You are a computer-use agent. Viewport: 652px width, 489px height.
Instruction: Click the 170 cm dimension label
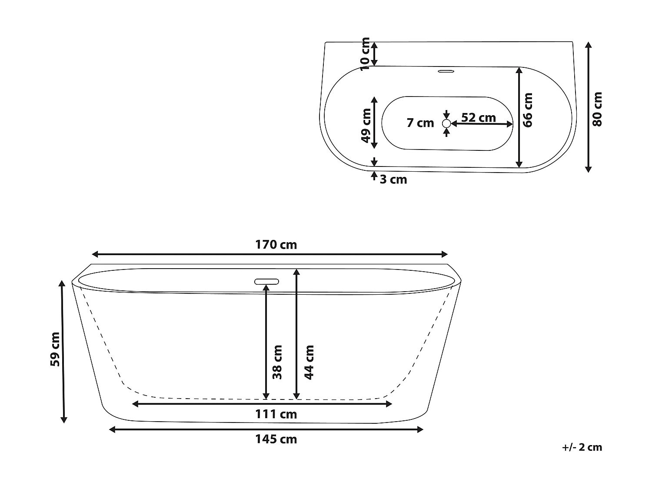(276, 245)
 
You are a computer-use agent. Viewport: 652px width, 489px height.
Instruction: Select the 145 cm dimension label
(276, 439)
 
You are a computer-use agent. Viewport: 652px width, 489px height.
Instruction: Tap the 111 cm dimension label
(276, 414)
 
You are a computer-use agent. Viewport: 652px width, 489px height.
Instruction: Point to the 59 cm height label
(55, 349)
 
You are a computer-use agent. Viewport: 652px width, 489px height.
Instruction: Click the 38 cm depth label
(277, 362)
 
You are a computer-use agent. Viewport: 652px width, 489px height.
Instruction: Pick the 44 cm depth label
(309, 362)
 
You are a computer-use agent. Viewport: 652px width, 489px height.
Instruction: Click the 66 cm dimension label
(528, 110)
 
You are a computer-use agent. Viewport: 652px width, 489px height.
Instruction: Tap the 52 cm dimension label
(478, 118)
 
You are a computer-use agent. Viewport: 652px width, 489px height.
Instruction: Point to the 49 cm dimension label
(366, 126)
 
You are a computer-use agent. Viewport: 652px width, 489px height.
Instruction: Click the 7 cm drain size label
(420, 123)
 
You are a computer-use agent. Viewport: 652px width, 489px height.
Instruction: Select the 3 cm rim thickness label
(393, 180)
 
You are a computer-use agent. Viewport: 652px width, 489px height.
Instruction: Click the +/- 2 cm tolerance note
(582, 447)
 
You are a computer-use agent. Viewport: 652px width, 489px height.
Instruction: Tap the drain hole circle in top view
(446, 124)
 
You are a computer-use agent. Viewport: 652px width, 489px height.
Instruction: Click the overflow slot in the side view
(266, 281)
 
